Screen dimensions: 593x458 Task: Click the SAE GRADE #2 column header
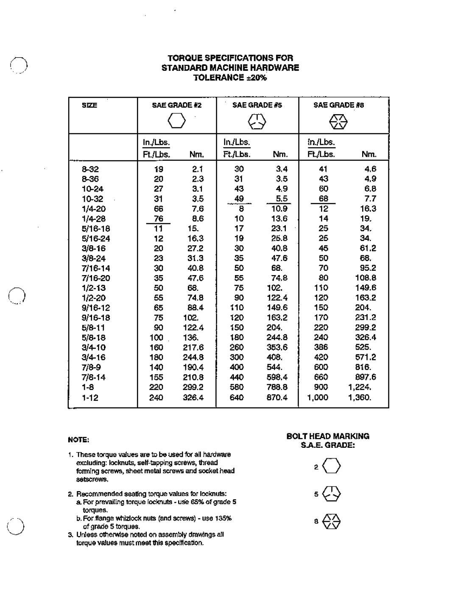[176, 105]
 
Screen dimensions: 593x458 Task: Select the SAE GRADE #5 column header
[257, 105]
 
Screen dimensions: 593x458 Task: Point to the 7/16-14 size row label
[96, 268]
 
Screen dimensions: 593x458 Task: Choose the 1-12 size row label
[90, 398]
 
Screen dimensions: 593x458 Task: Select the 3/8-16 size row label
[94, 248]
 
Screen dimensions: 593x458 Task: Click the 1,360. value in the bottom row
[360, 398]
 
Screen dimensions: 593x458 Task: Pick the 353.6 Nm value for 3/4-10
[277, 347]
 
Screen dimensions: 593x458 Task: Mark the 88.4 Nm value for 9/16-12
[195, 308]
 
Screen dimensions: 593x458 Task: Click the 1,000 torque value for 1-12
[318, 398]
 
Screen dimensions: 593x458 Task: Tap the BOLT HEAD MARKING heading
[327, 436]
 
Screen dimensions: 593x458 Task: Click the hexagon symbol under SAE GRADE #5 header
[257, 123]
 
